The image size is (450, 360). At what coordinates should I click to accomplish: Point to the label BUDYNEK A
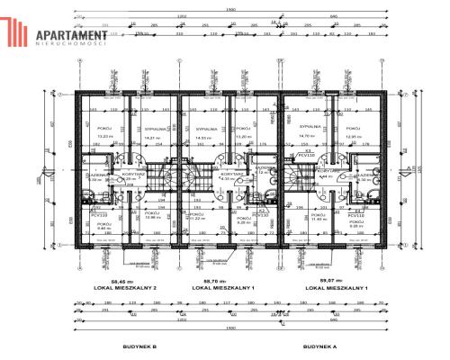point(321,346)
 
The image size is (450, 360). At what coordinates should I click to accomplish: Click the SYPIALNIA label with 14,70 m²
point(311,128)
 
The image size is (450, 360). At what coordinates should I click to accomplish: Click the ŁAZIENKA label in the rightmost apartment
point(364,175)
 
